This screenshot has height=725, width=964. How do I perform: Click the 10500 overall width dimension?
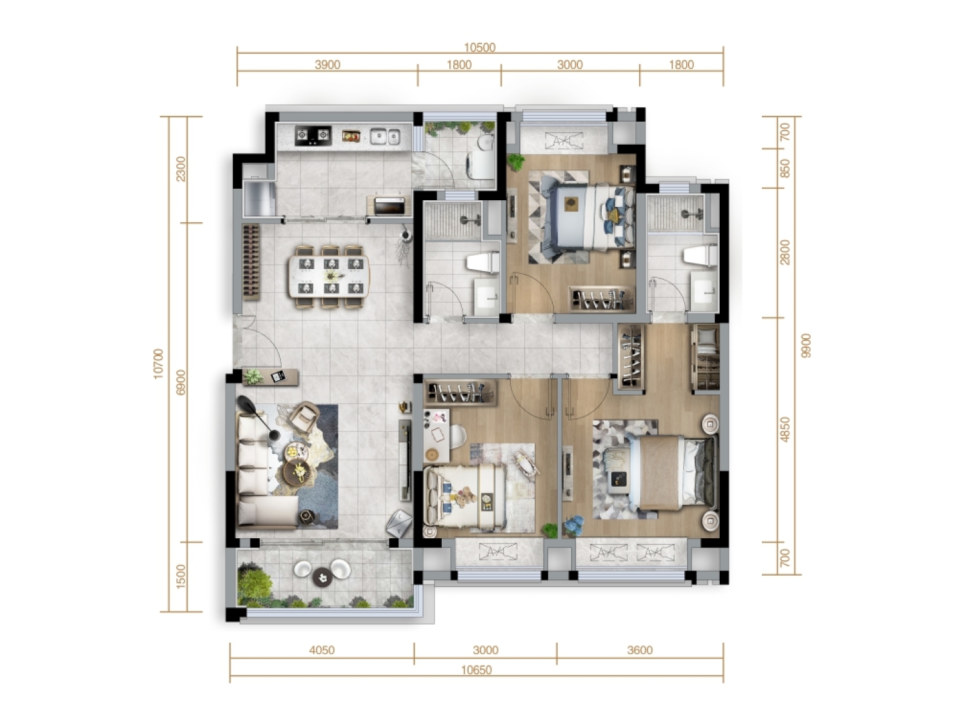[479, 48]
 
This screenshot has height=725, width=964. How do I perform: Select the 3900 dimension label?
[327, 65]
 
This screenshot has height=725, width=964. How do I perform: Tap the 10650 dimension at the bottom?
[477, 670]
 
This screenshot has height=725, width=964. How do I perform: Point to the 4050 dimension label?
[321, 650]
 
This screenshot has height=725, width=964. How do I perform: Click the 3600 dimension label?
[639, 650]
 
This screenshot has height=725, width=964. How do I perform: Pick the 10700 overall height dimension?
[158, 364]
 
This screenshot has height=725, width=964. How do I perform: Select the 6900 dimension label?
[181, 382]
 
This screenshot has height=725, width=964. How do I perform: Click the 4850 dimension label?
[785, 429]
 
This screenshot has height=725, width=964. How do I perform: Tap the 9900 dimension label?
[806, 345]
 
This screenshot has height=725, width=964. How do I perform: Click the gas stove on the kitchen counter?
[312, 135]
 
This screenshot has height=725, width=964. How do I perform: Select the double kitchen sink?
[385, 136]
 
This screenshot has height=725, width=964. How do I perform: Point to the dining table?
[329, 276]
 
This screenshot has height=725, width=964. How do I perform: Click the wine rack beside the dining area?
[251, 262]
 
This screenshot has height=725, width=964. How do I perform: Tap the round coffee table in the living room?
[299, 473]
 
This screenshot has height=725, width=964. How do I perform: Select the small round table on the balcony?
[323, 578]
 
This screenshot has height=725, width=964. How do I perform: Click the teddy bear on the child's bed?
[465, 497]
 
